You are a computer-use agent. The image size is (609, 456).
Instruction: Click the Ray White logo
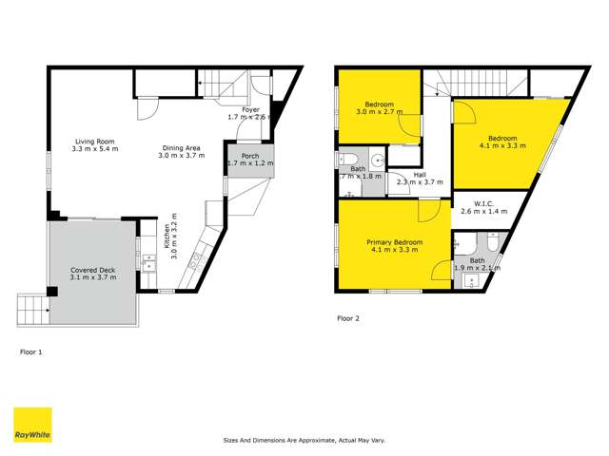(31, 425)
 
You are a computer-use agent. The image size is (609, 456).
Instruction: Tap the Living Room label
(95, 142)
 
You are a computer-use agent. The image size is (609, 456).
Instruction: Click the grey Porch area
(249, 159)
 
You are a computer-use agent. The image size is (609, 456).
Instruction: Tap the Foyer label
(250, 110)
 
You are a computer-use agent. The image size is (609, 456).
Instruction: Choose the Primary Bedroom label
(395, 242)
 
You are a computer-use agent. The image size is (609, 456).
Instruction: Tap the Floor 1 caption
(31, 351)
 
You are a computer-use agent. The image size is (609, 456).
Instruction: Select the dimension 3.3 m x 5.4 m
(95, 150)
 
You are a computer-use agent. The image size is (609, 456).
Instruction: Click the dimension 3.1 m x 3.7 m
(93, 277)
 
